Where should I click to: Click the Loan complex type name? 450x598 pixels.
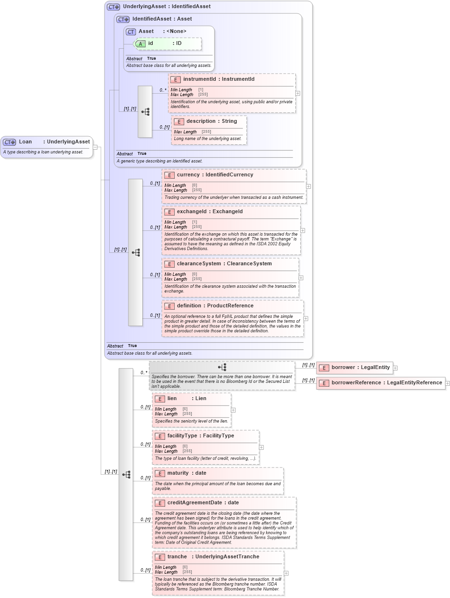coord(25,141)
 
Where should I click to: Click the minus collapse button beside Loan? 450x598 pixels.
coord(95,147)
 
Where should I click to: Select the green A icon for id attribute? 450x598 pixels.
coord(140,43)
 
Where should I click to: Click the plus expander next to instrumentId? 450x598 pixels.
coord(298,93)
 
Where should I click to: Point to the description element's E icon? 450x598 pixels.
coord(179,121)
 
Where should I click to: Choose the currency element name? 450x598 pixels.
coord(188,175)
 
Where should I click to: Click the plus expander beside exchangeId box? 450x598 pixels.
coord(303,230)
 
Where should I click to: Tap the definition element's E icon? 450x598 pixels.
coord(169,306)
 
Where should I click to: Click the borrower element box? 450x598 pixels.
coord(355,368)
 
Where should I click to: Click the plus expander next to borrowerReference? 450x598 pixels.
coord(448,383)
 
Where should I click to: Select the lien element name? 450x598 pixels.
coord(172,398)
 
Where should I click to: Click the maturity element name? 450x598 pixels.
coord(178,473)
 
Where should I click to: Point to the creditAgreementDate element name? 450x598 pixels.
coord(195,503)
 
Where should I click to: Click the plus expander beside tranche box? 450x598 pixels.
coord(286,573)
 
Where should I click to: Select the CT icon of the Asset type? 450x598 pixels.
coord(131,32)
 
